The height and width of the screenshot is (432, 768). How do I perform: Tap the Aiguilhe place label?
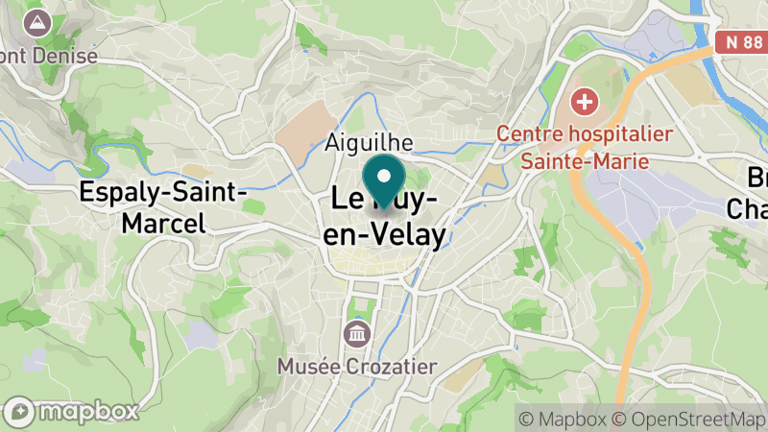[370, 142]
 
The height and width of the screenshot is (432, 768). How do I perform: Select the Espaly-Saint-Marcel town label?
[164, 207]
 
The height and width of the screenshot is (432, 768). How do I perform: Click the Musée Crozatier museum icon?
[356, 334]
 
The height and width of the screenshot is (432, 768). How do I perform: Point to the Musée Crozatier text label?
[356, 366]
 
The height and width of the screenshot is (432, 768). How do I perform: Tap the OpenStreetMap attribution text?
[694, 418]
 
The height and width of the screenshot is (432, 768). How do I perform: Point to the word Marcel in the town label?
[163, 224]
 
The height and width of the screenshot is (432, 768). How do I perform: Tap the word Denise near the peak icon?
[64, 55]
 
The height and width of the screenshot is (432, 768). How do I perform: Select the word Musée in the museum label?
[302, 366]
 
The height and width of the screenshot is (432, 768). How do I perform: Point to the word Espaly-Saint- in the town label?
[164, 192]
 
